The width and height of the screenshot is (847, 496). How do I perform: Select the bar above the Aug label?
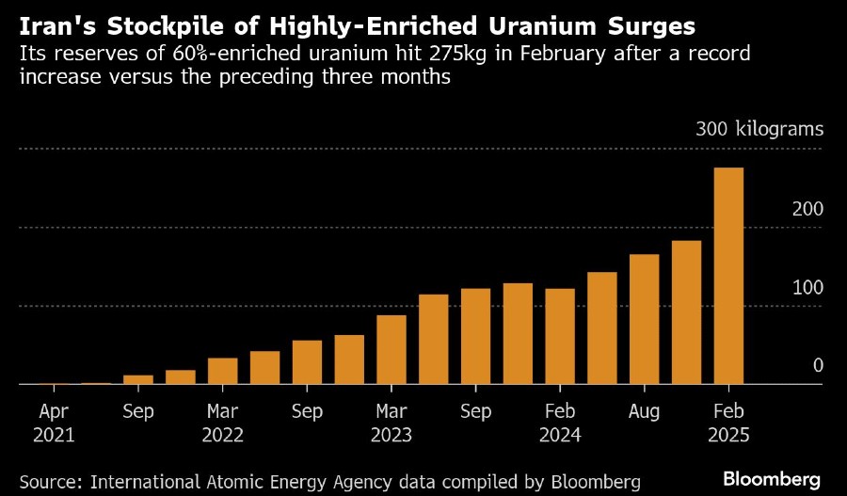[x=644, y=319]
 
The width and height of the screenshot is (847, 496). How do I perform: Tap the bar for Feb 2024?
[x=559, y=336]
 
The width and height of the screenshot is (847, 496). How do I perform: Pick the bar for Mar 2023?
[x=391, y=349]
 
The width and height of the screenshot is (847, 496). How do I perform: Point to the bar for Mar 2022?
[x=222, y=371]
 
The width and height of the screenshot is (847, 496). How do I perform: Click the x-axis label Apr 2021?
[x=54, y=423]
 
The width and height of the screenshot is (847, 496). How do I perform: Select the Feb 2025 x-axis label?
[x=728, y=423]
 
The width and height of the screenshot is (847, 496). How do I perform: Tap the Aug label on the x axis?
[x=644, y=411]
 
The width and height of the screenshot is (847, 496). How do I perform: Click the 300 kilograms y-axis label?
[x=759, y=129]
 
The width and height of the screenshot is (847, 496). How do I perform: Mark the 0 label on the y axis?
[x=817, y=365]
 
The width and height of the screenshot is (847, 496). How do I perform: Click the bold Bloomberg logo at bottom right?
[x=771, y=480]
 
